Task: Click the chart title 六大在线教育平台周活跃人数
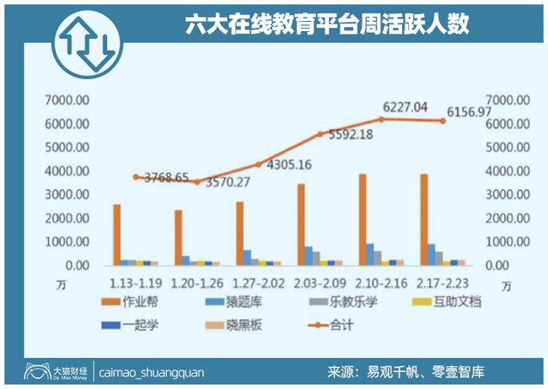(327, 24)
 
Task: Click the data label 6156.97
(456, 112)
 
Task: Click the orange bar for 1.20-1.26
(179, 237)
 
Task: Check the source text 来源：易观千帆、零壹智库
(409, 371)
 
